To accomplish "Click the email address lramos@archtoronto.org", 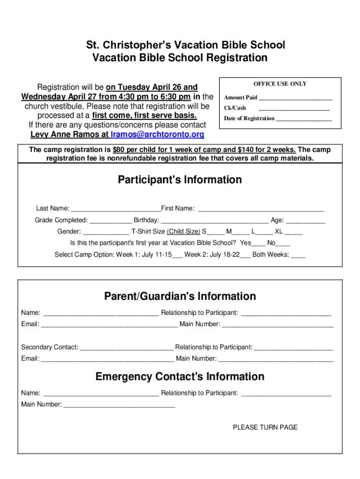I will coord(158,135).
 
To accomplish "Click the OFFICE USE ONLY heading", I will coord(280,84).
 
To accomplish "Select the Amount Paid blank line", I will coord(295,98).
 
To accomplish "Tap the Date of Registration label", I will coord(249,118).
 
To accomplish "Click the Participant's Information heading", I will coord(180,180).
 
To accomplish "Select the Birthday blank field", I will coord(215,220).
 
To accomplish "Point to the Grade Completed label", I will coord(61,220).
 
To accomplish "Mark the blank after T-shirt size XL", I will coord(294,232).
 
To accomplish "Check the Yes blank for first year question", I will coord(259,243).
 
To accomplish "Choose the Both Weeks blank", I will coord(298,255).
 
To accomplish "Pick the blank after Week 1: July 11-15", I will coord(177,255).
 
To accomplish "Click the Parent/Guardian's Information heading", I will coord(180,297).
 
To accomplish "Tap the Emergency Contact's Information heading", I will coord(180,377).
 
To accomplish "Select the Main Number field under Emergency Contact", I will coord(119,405).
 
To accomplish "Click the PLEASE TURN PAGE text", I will coord(265,427).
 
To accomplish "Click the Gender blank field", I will coord(106,232).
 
